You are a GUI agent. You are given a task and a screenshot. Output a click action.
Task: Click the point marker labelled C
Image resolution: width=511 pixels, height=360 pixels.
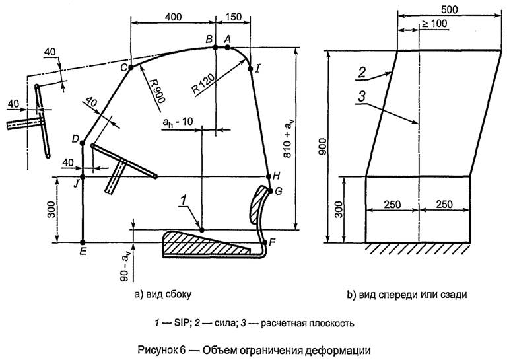[131, 67]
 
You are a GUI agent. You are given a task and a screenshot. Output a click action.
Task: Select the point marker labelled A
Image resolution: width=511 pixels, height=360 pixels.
[227, 47]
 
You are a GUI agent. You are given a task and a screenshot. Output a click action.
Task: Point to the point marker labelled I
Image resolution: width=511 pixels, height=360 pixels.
[250, 67]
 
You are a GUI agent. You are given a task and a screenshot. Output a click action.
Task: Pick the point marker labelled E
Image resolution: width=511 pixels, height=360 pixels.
[83, 242]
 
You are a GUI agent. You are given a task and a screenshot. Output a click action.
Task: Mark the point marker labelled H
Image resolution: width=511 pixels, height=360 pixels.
[267, 177]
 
